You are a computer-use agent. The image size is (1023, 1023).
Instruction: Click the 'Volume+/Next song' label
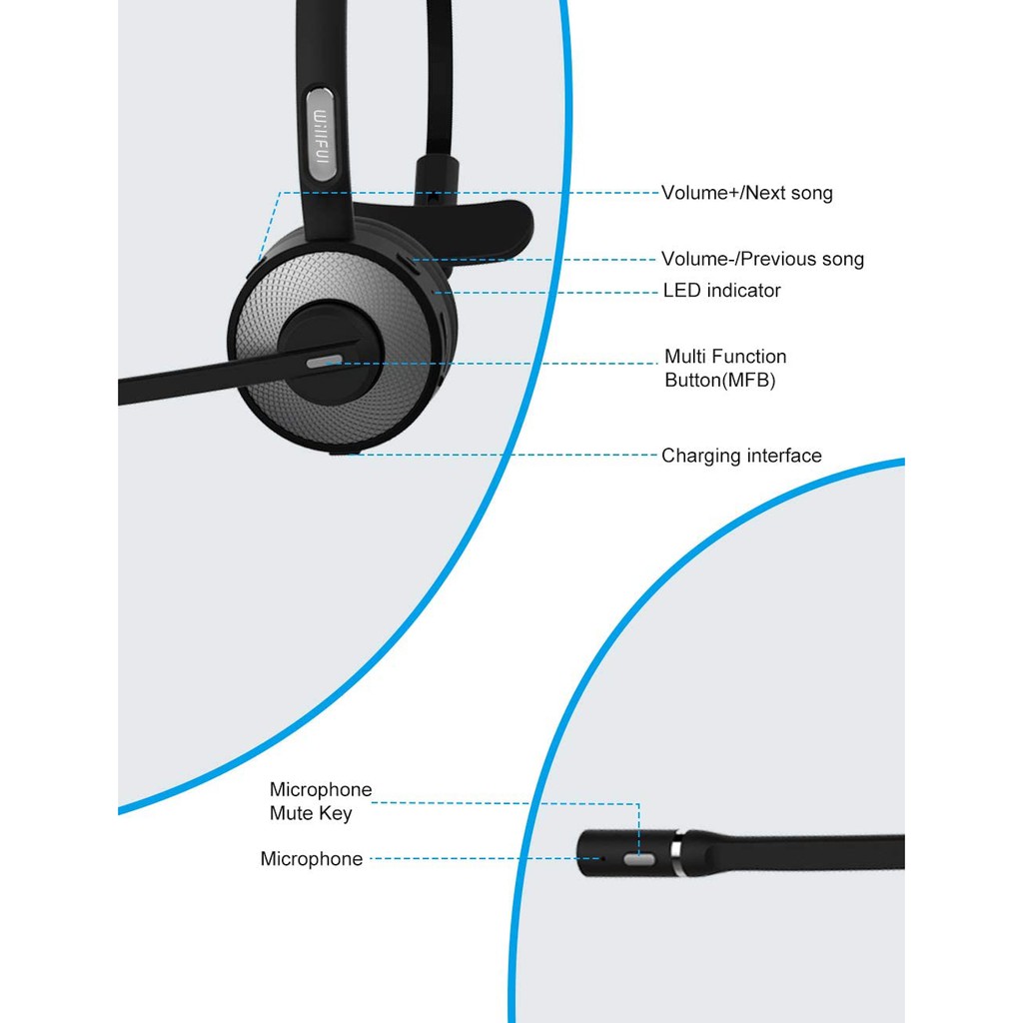tap(747, 193)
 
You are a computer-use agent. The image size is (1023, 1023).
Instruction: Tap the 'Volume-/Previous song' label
tap(762, 259)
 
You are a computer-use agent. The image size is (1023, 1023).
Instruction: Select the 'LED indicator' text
tap(721, 291)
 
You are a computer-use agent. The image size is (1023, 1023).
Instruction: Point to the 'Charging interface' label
tap(742, 456)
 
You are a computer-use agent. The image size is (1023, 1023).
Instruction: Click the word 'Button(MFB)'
tap(720, 380)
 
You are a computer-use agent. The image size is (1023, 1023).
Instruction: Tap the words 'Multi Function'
tap(725, 357)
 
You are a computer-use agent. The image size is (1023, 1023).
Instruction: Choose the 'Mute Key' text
tap(311, 813)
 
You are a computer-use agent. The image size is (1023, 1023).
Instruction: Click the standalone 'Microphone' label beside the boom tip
tap(312, 858)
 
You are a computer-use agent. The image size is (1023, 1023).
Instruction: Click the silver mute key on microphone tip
tap(639, 860)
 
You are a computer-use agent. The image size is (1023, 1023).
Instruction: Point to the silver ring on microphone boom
tap(676, 853)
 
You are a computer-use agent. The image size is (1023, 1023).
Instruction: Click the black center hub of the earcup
tap(329, 352)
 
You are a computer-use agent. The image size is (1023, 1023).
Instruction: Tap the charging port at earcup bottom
tap(345, 451)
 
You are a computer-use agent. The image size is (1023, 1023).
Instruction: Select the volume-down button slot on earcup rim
tap(415, 263)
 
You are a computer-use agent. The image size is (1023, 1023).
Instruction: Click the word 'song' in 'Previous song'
tap(843, 261)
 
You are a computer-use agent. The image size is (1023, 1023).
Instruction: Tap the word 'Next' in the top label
tap(765, 193)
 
